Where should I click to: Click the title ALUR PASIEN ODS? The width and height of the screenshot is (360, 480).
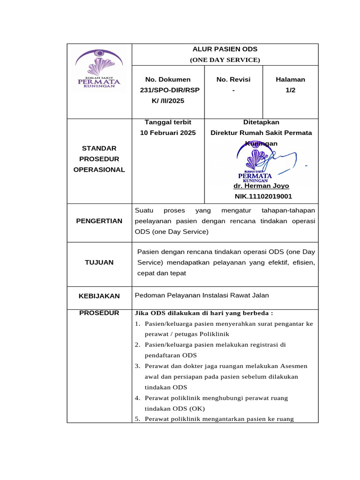[x=225, y=49]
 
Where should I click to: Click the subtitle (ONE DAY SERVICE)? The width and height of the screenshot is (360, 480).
[x=225, y=60]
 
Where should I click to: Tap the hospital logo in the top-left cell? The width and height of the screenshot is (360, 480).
[x=99, y=69]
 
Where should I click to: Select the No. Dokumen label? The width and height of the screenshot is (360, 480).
[x=168, y=80]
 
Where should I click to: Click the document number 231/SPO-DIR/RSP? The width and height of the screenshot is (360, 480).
[x=168, y=90]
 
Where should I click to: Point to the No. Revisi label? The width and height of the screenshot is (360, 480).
[x=233, y=80]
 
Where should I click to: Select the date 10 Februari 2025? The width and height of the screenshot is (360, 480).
[x=168, y=133]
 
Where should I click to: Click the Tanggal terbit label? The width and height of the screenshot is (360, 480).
[x=168, y=122]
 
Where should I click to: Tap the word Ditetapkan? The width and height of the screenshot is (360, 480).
[x=261, y=122]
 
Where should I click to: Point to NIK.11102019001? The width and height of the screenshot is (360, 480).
[x=263, y=197]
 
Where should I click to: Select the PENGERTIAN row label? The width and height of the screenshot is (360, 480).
[x=99, y=221]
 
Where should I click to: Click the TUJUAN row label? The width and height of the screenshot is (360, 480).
[x=99, y=262]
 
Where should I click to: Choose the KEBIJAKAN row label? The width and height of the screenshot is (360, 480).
[x=99, y=296]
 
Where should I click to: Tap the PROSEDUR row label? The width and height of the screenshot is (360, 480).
[x=99, y=313]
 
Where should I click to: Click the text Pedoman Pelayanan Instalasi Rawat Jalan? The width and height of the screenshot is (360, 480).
[x=202, y=295]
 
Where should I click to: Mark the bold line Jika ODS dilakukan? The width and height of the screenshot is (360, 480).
[x=204, y=313]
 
